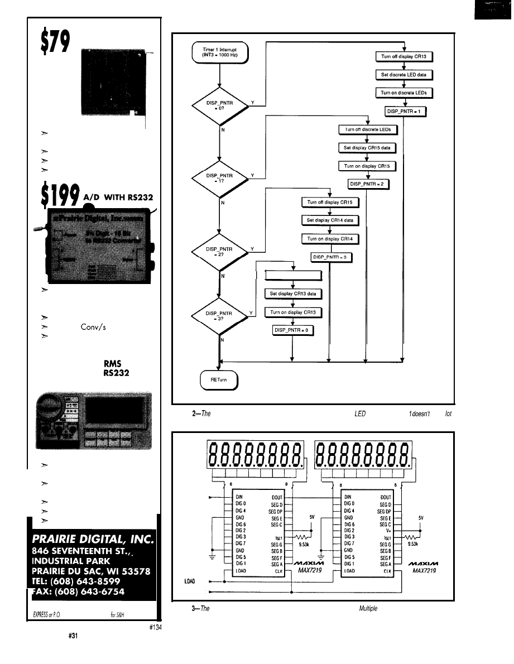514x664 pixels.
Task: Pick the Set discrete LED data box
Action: [403, 74]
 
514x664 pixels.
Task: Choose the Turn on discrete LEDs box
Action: [403, 92]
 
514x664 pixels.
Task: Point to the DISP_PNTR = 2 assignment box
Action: [367, 184]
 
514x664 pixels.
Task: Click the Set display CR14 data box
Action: [329, 220]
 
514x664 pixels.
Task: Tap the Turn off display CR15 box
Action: [330, 202]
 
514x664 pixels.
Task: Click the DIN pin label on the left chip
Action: [240, 495]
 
